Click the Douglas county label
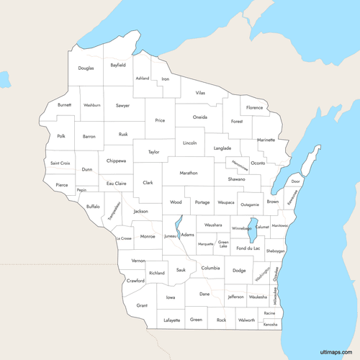point(86,68)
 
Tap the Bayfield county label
point(118,65)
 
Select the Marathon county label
point(189,173)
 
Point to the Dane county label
point(205,294)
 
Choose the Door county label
point(295,181)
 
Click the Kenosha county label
point(270,324)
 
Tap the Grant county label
point(142,305)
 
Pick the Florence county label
point(255,107)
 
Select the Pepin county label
point(81,191)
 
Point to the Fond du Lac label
point(248,248)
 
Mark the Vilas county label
point(200,93)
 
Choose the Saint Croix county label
point(60,163)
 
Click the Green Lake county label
point(224,245)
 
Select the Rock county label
point(221,320)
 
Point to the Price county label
point(160,120)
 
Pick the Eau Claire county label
point(116,184)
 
